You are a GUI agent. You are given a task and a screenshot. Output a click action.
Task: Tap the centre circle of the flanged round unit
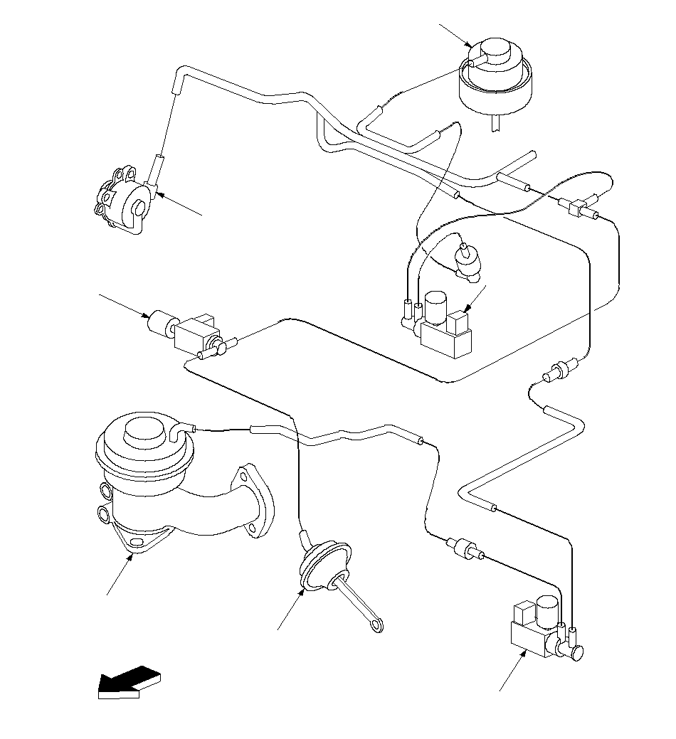click(138, 208)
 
